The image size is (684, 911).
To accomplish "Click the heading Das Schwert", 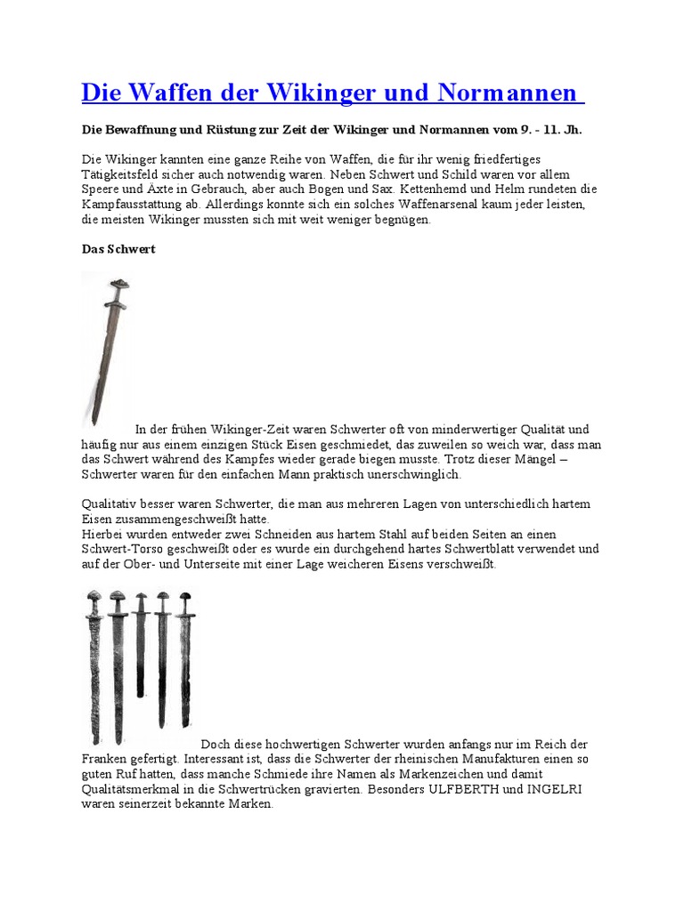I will (118, 249).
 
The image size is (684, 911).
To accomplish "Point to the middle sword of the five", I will (141, 641).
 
